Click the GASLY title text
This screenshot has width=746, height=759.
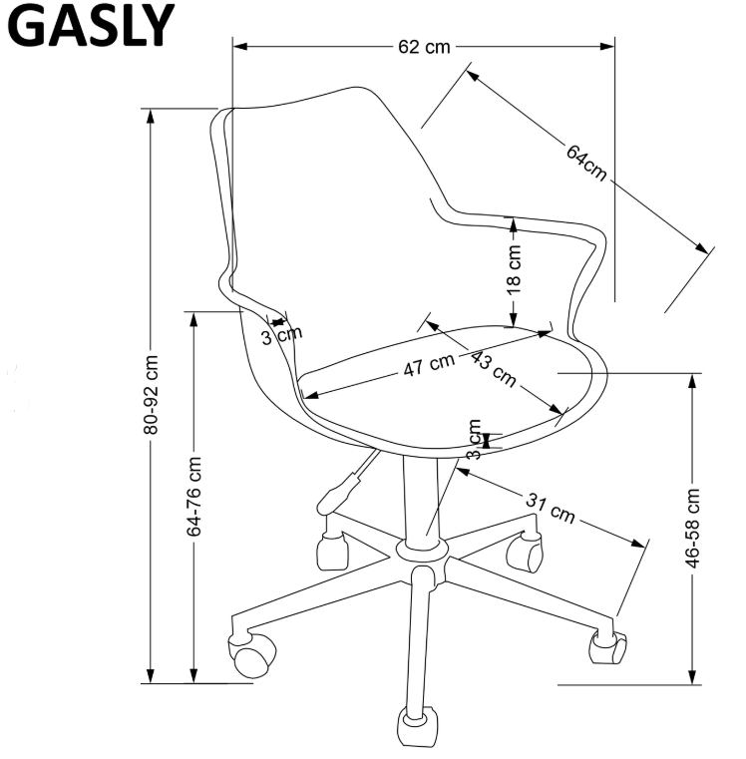[x=90, y=26]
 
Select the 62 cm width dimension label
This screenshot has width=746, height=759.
[x=424, y=47]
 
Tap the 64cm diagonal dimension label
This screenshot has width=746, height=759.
[x=586, y=163]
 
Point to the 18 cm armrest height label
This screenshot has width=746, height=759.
[x=514, y=269]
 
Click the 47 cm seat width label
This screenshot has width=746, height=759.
[x=429, y=364]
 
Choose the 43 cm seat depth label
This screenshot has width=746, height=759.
[x=494, y=368]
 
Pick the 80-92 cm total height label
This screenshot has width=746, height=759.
[x=151, y=395]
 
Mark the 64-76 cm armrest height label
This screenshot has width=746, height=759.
[x=193, y=496]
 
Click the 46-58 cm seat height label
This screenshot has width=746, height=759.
[x=692, y=528]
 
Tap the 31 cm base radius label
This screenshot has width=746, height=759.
[x=551, y=509]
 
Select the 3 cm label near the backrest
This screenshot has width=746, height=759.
[x=282, y=335]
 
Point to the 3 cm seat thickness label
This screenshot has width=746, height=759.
[x=474, y=439]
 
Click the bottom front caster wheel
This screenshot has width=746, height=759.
[x=417, y=727]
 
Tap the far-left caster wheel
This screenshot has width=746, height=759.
[x=251, y=654]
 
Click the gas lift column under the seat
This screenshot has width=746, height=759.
[x=421, y=500]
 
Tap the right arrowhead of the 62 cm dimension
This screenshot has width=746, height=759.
[x=607, y=47]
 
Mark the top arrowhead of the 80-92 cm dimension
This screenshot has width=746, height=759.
[x=151, y=116]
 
